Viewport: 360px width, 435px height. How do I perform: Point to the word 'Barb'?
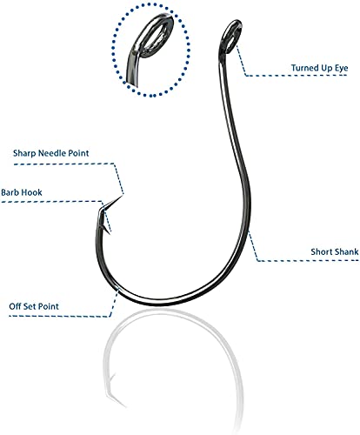click(x=9, y=192)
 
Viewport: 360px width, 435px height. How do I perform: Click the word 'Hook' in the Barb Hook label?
click(x=31, y=192)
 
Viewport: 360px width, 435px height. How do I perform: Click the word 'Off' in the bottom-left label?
click(x=15, y=306)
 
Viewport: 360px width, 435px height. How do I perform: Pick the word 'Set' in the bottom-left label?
click(x=30, y=306)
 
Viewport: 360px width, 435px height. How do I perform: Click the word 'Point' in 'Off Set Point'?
click(x=49, y=306)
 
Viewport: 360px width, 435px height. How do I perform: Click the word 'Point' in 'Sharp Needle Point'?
click(x=78, y=153)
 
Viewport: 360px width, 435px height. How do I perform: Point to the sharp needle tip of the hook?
click(x=121, y=197)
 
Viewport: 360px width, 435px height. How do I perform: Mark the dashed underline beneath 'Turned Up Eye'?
click(x=296, y=76)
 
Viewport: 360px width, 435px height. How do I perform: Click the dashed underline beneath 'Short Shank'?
click(x=308, y=261)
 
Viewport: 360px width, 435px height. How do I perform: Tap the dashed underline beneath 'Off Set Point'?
click(x=59, y=316)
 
